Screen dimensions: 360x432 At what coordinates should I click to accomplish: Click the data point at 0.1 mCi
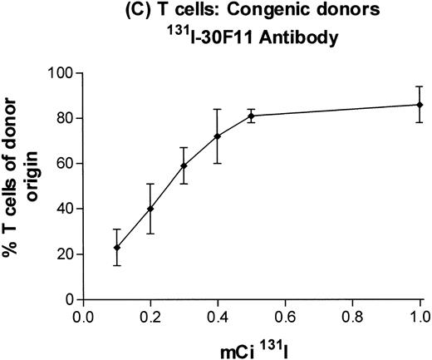(x=117, y=247)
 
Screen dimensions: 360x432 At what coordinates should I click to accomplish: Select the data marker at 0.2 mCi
(x=150, y=209)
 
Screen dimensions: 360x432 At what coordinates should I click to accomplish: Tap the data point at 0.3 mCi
(x=184, y=165)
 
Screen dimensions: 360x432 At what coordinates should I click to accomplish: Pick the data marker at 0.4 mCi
(x=217, y=136)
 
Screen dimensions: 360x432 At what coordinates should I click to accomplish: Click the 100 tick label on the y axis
(x=60, y=73)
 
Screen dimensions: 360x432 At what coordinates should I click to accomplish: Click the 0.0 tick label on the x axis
(x=83, y=317)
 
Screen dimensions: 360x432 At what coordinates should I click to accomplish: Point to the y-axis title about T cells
(x=22, y=185)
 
